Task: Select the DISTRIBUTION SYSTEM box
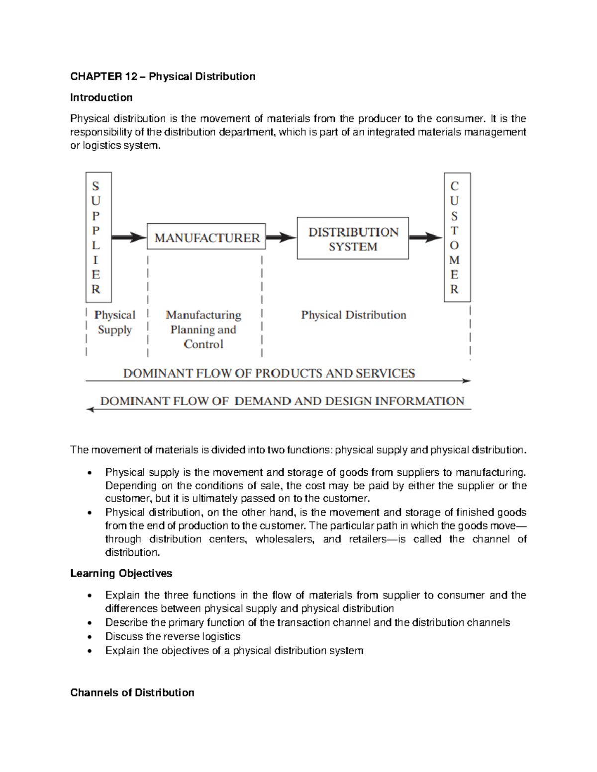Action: [x=353, y=239]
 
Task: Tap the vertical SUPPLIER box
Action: [x=99, y=237]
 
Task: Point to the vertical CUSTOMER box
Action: [x=457, y=237]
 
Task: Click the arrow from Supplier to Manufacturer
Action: [x=129, y=238]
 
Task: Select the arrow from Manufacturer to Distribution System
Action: [x=281, y=238]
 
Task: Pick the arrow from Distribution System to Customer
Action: [x=426, y=238]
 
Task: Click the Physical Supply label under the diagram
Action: [x=115, y=322]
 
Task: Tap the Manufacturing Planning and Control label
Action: [x=203, y=329]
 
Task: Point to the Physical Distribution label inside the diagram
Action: [x=354, y=315]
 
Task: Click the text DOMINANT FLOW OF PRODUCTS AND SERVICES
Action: [x=269, y=373]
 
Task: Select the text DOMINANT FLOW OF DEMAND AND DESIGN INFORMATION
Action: [x=282, y=401]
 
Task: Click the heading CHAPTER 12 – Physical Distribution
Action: [x=163, y=77]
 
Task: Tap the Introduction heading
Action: [x=101, y=97]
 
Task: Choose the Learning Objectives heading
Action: [x=121, y=573]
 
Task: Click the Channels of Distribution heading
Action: [x=132, y=692]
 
